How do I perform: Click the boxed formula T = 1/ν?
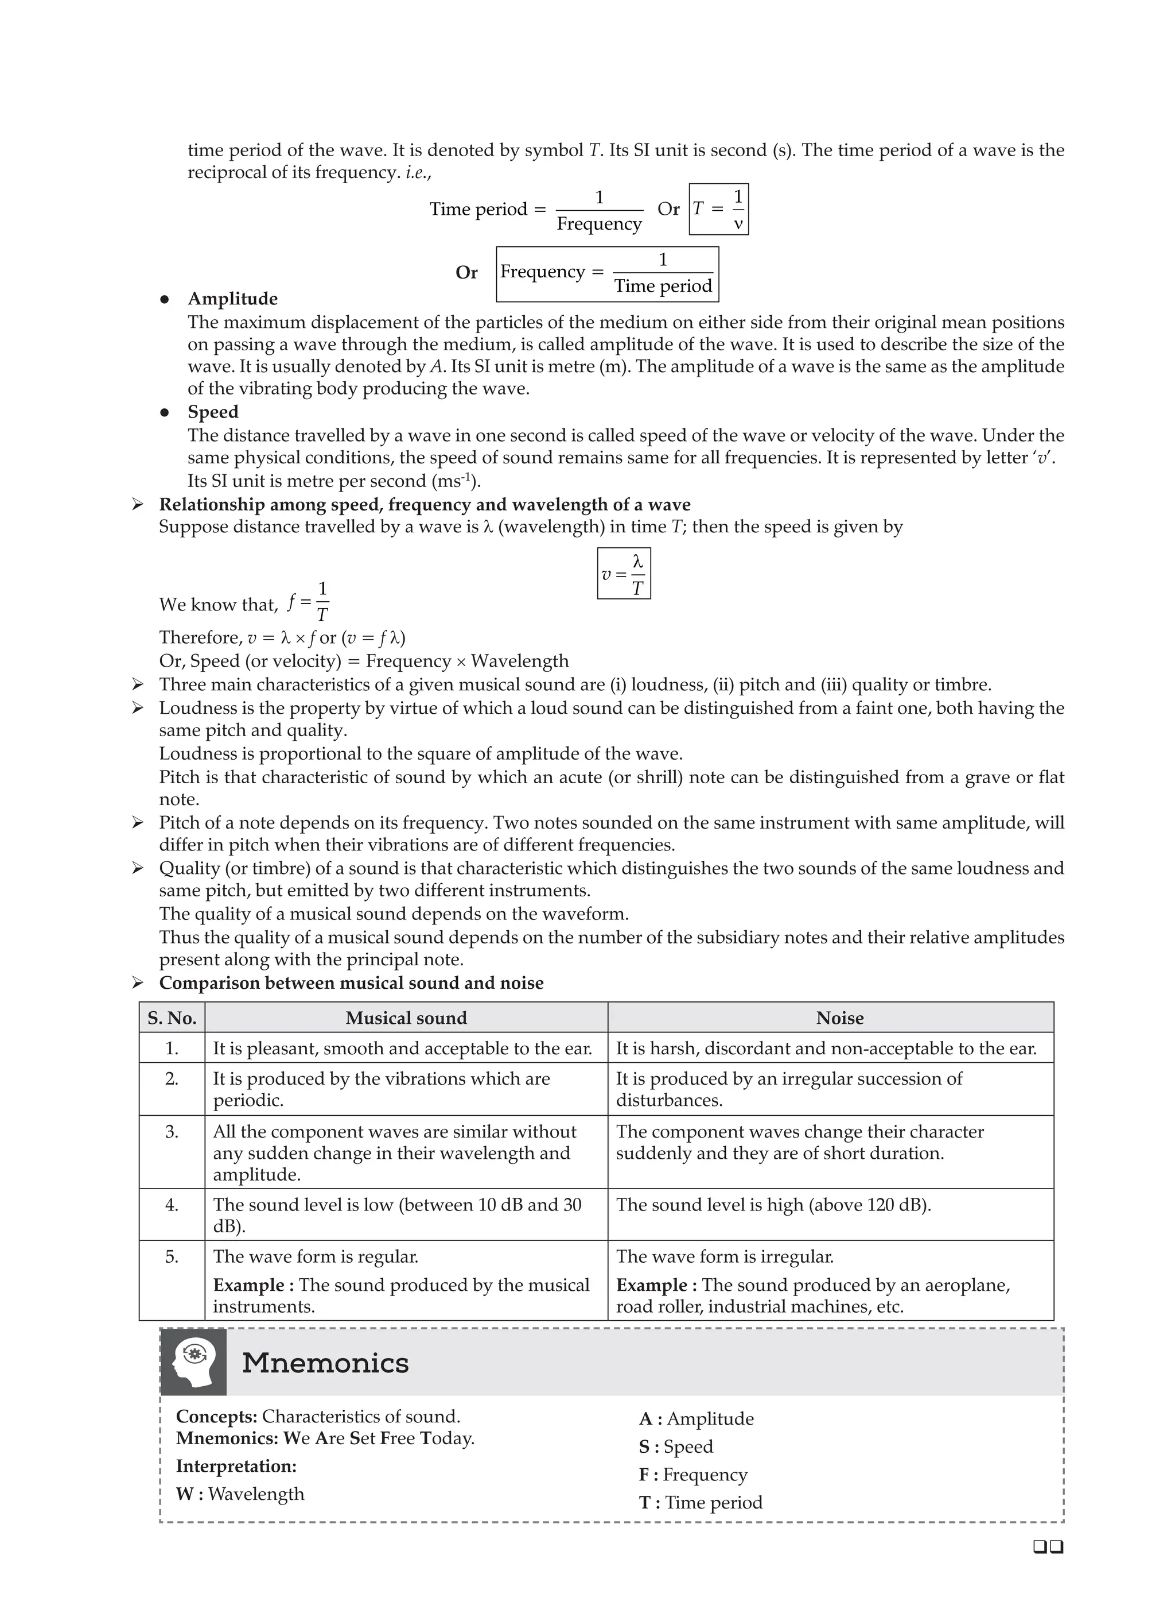click(x=718, y=209)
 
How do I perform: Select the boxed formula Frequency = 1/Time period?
click(x=607, y=274)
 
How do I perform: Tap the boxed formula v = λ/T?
click(x=624, y=573)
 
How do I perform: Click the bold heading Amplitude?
click(x=232, y=299)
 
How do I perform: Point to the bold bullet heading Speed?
click(x=213, y=412)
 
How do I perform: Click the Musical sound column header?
click(x=406, y=1018)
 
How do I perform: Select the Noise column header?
click(x=839, y=1018)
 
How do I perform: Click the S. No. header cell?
click(x=172, y=1018)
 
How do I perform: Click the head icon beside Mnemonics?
click(x=193, y=1363)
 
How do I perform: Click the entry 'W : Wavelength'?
click(x=240, y=1494)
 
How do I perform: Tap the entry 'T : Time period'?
click(x=701, y=1502)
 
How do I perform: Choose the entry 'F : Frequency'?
click(x=693, y=1475)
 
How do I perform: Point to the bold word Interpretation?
click(x=236, y=1466)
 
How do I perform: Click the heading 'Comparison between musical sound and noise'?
click(x=351, y=983)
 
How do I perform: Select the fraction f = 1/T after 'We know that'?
click(x=309, y=602)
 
